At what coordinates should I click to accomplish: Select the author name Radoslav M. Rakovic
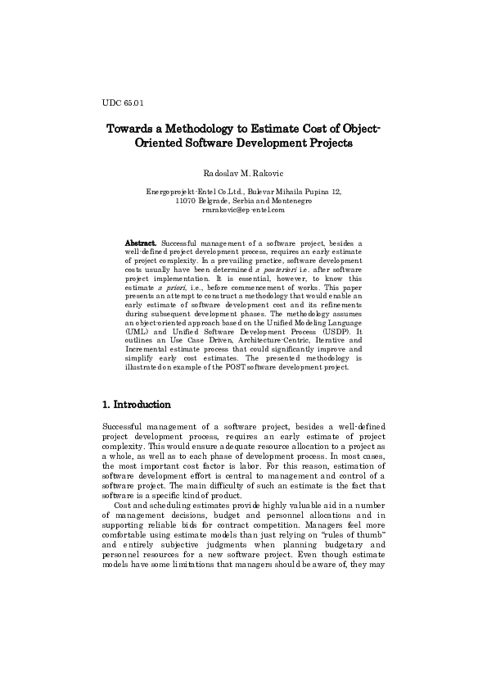[x=243, y=173]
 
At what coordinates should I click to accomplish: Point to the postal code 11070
[x=187, y=201]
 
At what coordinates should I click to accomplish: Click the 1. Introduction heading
[x=137, y=405]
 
